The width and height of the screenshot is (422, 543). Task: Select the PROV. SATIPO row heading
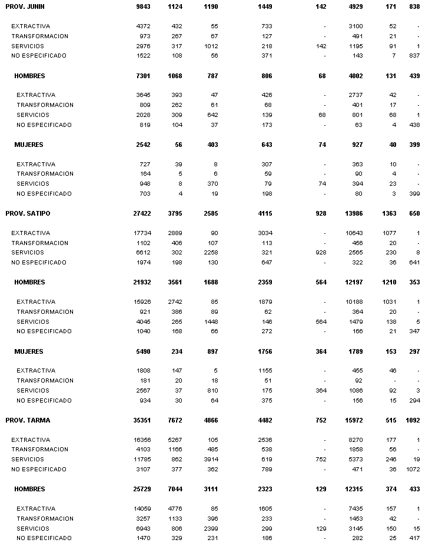coord(27,213)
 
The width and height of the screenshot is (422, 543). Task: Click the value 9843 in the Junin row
coord(143,6)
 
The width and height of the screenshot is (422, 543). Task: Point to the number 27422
coord(142,213)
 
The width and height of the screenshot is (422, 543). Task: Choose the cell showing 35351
coord(142,420)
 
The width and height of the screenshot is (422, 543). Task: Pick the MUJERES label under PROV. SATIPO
coord(29,351)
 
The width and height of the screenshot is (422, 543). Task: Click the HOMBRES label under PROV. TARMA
coord(29,489)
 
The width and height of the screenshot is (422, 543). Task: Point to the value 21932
coord(142,282)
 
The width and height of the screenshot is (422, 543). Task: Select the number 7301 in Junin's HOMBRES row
coord(143,76)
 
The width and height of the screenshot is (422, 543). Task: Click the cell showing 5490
coord(143,351)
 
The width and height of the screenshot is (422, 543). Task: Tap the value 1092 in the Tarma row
coord(412,420)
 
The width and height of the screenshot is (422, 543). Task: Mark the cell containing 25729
coord(142,489)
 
